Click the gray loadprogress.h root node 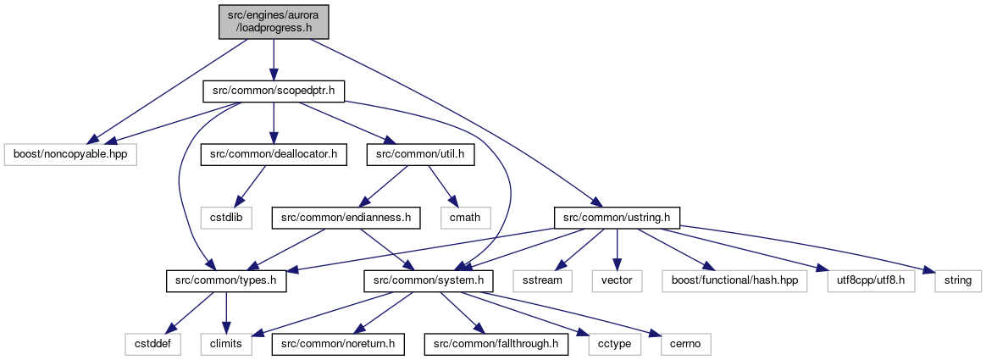pyautogui.click(x=274, y=20)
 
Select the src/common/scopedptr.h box pyautogui.click(x=274, y=91)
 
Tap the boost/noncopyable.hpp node pyautogui.click(x=69, y=154)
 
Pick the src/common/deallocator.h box pyautogui.click(x=274, y=154)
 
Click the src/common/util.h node pyautogui.click(x=420, y=154)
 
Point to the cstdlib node pyautogui.click(x=227, y=218)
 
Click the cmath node pyautogui.click(x=465, y=218)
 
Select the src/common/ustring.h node pyautogui.click(x=617, y=218)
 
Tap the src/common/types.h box pyautogui.click(x=226, y=281)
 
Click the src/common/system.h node pyautogui.click(x=429, y=281)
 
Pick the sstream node pyautogui.click(x=541, y=281)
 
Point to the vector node pyautogui.click(x=617, y=281)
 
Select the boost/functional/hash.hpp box pyautogui.click(x=734, y=281)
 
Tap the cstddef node pyautogui.click(x=152, y=344)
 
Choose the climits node pyautogui.click(x=226, y=344)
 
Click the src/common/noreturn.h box pyautogui.click(x=338, y=344)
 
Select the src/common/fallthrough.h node pyautogui.click(x=496, y=344)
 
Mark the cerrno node pyautogui.click(x=685, y=344)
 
